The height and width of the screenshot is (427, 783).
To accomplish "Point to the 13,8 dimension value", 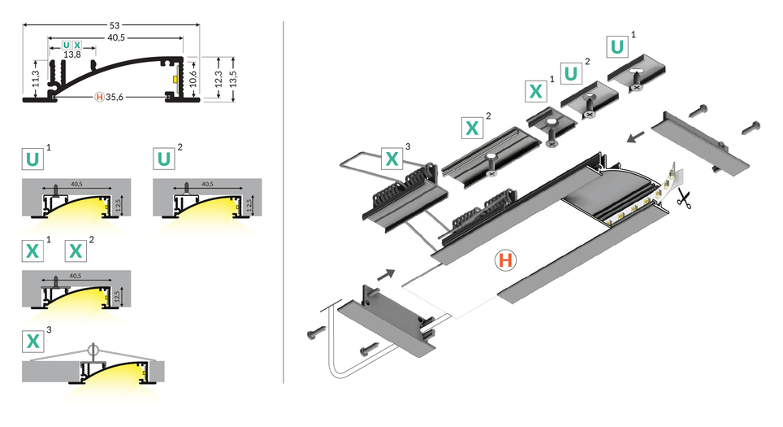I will pos(72,54).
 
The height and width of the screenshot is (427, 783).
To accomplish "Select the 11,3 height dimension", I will pos(35,77).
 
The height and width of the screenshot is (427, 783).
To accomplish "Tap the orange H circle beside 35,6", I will pos(100,98).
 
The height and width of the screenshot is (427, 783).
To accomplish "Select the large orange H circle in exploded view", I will pos(505,261).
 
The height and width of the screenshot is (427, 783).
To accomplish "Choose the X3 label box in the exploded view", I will pos(391,158).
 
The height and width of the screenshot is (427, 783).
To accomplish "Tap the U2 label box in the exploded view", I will pos(572,73).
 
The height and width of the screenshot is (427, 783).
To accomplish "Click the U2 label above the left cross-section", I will pos(165,158).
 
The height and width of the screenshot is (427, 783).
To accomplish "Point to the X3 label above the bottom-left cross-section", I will pos(33,341).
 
